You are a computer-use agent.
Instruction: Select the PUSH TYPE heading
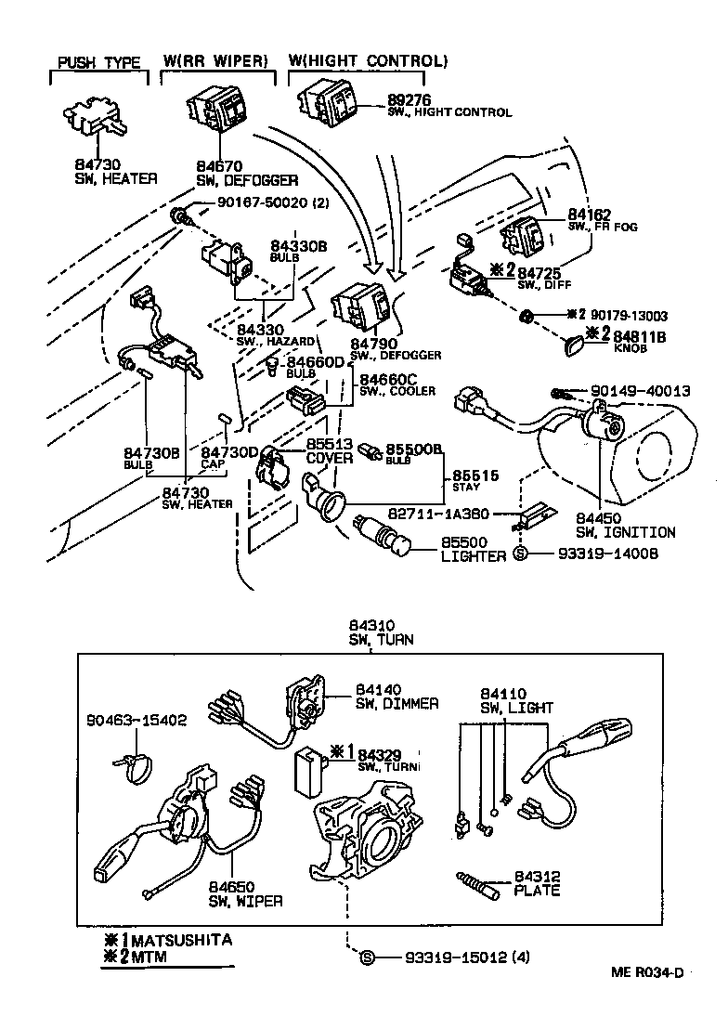[99, 62]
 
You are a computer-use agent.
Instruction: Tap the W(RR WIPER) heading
[215, 61]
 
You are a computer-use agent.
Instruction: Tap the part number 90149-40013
[640, 391]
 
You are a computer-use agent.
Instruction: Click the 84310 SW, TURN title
[381, 632]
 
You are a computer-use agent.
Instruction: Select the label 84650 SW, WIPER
[245, 893]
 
